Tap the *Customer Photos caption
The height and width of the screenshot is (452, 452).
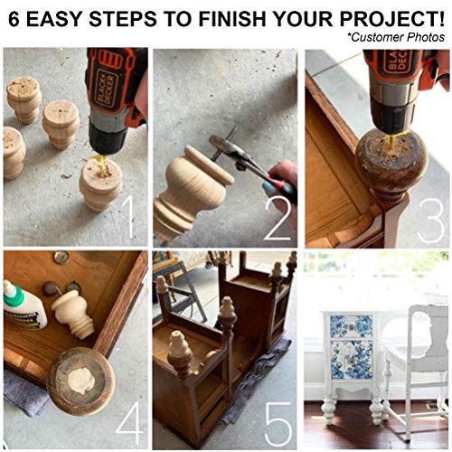pyautogui.click(x=394, y=36)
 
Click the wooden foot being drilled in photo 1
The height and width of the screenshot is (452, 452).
pyautogui.click(x=99, y=185)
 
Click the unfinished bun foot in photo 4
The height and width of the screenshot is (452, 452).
pyautogui.click(x=71, y=313)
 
